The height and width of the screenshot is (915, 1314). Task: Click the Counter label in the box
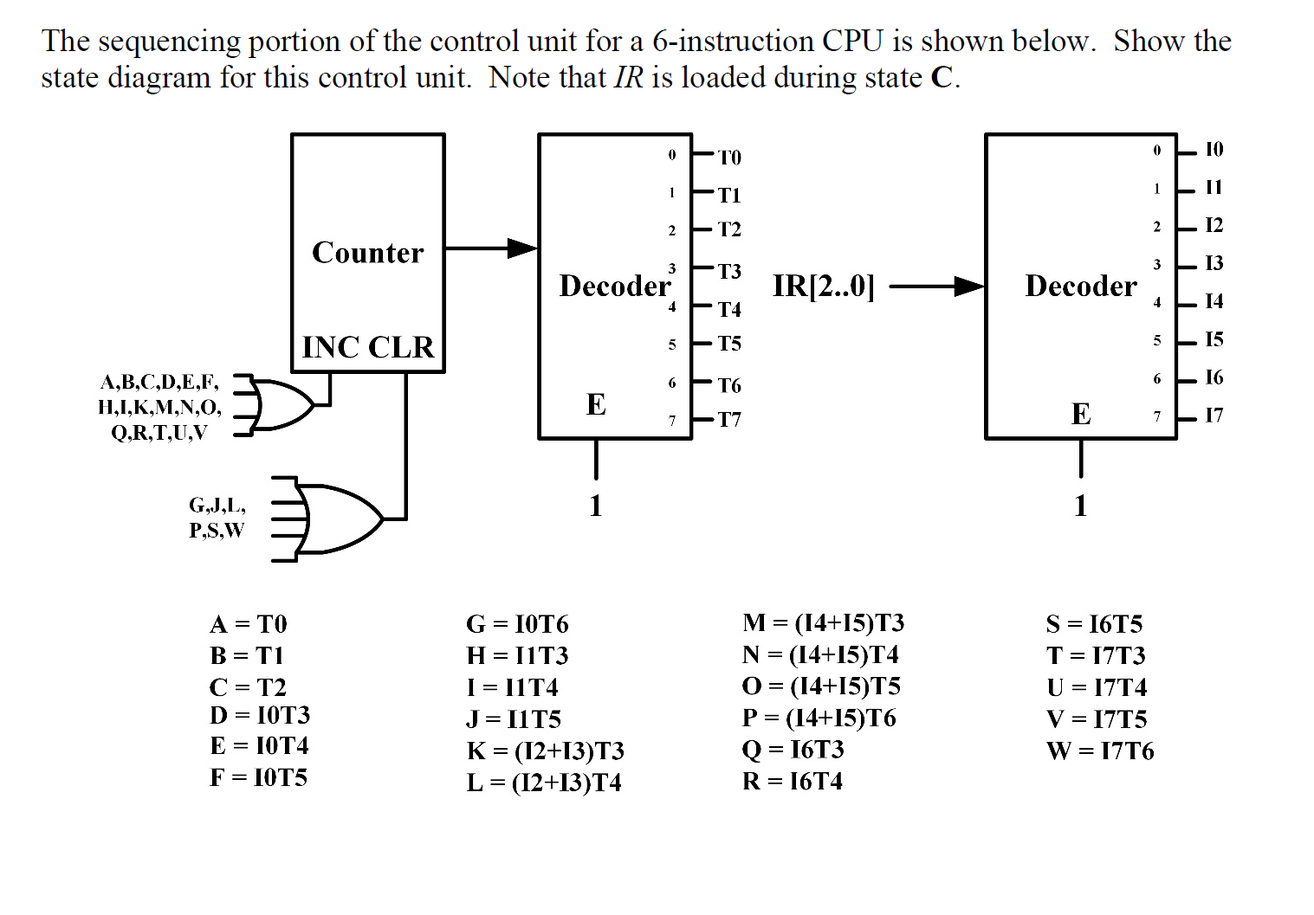[x=367, y=253]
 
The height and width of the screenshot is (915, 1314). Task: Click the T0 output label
[x=729, y=158]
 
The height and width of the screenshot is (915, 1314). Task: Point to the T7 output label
[x=729, y=420]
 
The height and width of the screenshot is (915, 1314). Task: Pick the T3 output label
[x=729, y=272]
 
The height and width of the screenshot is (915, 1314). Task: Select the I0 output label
[x=1214, y=150]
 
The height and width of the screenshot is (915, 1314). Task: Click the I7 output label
[x=1214, y=416]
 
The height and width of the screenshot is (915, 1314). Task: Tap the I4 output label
[x=1214, y=301]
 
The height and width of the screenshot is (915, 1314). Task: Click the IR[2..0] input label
[x=823, y=287]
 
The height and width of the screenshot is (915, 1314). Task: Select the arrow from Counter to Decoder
[x=490, y=248]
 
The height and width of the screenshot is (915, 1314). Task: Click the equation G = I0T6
[x=517, y=624]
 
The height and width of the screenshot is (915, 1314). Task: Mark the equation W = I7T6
[x=1099, y=751]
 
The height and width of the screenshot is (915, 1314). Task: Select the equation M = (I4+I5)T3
[x=823, y=623]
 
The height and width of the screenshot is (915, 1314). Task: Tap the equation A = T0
[x=248, y=624]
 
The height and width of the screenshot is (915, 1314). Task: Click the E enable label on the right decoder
[x=1080, y=415]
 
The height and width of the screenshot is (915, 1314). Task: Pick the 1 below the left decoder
[x=596, y=506]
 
